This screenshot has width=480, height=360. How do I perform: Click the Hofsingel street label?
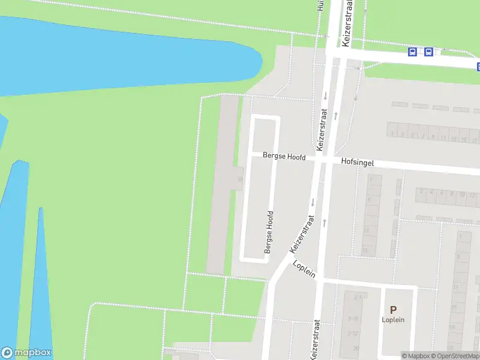358,161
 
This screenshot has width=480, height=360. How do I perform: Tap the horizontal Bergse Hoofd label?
284,157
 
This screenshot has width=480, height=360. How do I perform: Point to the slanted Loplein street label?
304,268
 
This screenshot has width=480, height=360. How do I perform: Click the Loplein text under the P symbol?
393,320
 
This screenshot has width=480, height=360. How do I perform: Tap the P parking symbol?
393,310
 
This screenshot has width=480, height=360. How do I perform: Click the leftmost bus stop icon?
413,52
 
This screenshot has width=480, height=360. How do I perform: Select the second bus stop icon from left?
428,52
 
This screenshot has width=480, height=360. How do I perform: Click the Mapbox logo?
26,353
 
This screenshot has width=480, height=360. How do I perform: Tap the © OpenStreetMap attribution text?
454,356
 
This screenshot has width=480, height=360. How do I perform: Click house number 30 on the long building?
240,179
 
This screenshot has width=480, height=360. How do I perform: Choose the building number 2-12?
355,334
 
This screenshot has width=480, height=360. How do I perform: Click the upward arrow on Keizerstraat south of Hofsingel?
325,223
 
